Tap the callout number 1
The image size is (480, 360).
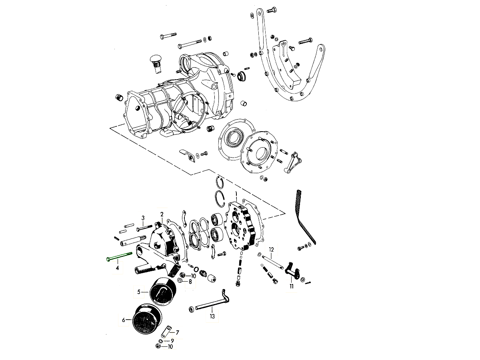(236, 194)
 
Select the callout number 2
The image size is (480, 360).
(162, 214)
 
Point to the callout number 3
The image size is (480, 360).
(143, 218)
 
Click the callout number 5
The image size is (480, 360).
(139, 292)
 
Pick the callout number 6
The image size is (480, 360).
(124, 320)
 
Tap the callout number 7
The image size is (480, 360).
(177, 332)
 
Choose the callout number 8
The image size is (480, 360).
(190, 282)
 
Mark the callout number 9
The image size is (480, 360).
(172, 340)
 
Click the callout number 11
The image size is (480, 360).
(292, 286)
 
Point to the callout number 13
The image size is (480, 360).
(212, 316)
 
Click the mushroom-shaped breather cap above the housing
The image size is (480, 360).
(155, 61)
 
